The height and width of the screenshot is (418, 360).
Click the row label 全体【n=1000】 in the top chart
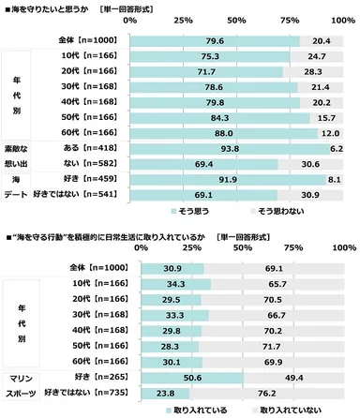(x=86, y=40)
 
